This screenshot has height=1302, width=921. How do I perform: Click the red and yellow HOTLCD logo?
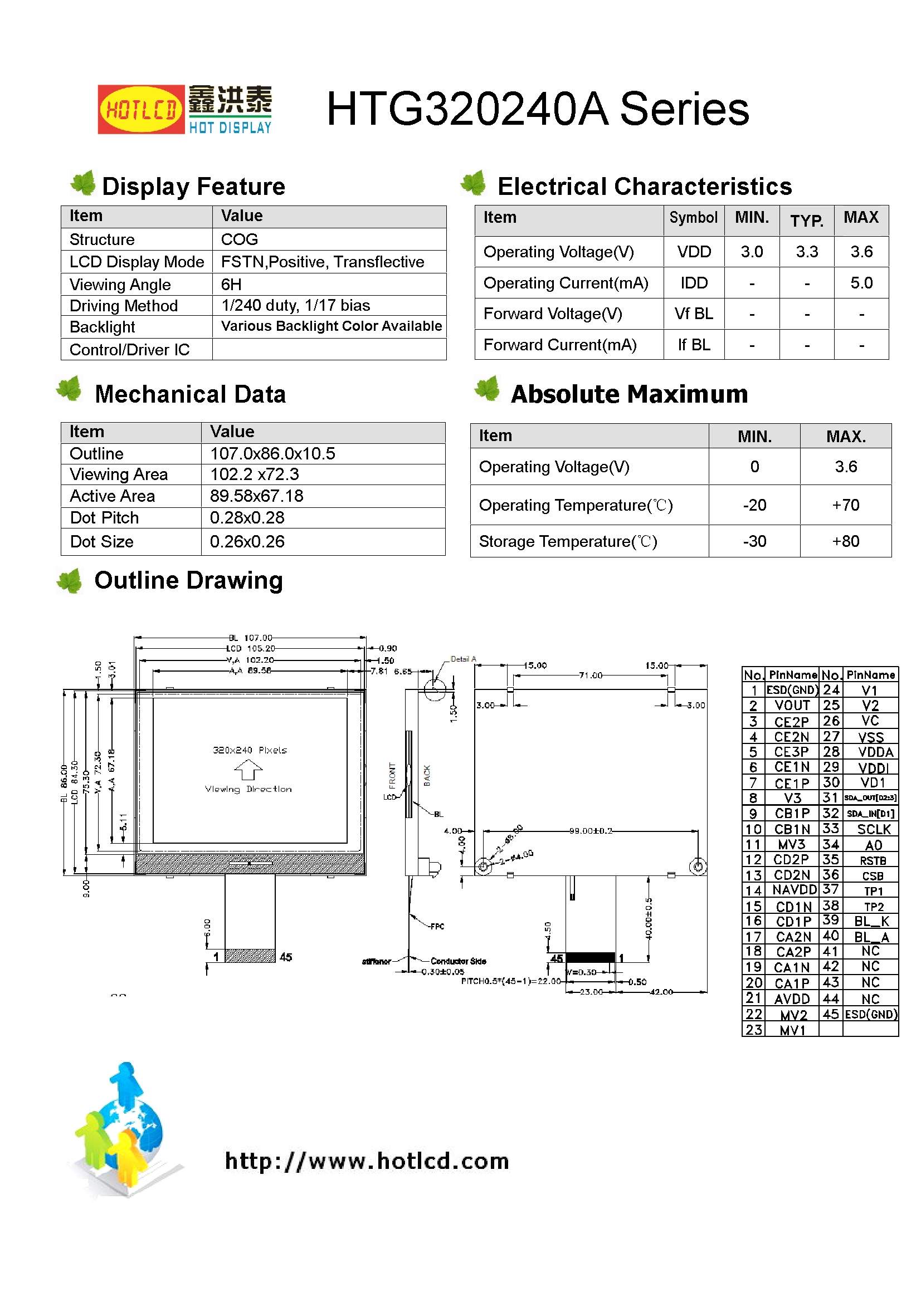pyautogui.click(x=141, y=109)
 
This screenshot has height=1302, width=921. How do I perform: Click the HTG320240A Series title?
pyautogui.click(x=537, y=109)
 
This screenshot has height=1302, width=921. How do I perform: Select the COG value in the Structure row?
pyautogui.click(x=240, y=239)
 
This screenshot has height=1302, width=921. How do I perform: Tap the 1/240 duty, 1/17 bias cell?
pyautogui.click(x=295, y=306)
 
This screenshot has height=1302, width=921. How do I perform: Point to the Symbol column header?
pyautogui.click(x=693, y=218)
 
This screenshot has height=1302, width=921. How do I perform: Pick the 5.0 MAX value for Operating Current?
pyautogui.click(x=861, y=283)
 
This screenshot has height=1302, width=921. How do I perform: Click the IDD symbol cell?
pyautogui.click(x=694, y=283)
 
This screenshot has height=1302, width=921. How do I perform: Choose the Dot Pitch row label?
pyautogui.click(x=104, y=518)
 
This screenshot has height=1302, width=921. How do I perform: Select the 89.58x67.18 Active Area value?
pyautogui.click(x=256, y=496)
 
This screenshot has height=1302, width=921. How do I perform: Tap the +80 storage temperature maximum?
pyautogui.click(x=845, y=541)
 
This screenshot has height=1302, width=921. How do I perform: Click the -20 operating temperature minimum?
pyautogui.click(x=754, y=505)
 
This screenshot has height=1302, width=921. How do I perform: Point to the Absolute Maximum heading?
pyautogui.click(x=628, y=394)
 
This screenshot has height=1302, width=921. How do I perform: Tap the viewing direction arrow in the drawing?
pyautogui.click(x=248, y=770)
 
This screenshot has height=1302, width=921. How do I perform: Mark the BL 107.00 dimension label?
pyautogui.click(x=250, y=638)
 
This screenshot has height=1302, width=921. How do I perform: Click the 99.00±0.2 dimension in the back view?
pyautogui.click(x=591, y=831)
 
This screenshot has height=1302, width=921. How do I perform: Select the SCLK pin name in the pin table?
pyautogui.click(x=873, y=829)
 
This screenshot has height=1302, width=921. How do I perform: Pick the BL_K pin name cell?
pyautogui.click(x=871, y=921)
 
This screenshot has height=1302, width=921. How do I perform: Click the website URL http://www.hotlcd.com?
pyautogui.click(x=367, y=1161)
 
